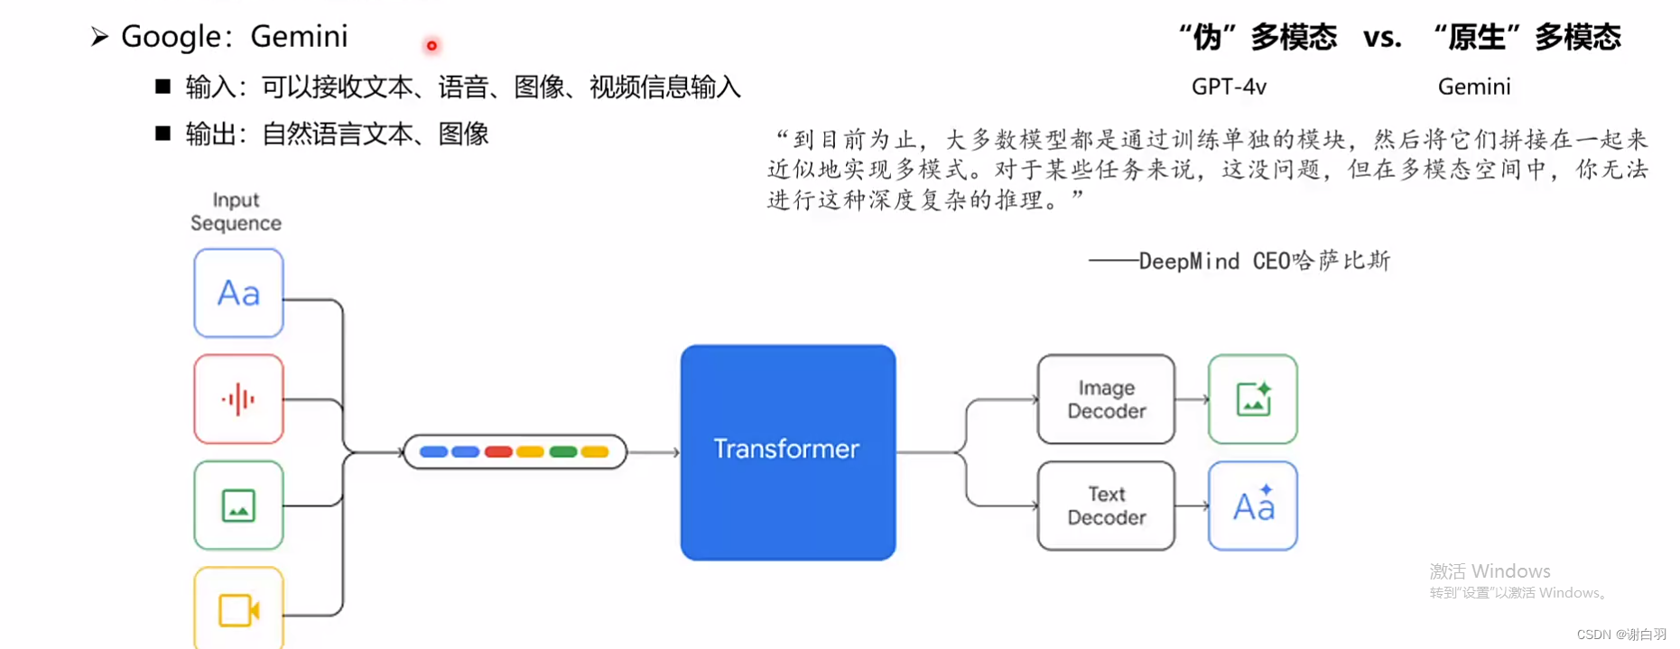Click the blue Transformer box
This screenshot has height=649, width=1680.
787,451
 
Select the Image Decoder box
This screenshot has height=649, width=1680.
1106,399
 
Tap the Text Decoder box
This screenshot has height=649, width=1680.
1106,505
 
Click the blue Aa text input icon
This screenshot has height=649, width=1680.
238,293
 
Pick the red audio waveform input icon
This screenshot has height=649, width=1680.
238,399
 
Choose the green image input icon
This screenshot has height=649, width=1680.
238,505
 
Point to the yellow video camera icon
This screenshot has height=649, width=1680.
238,609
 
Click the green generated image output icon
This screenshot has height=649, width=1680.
1253,399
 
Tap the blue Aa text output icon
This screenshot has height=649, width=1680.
1253,505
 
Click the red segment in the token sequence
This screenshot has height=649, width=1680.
498,451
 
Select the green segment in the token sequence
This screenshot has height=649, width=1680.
562,451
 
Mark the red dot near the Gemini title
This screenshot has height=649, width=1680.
432,45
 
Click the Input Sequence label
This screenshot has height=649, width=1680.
236,211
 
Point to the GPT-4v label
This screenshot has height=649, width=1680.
1229,87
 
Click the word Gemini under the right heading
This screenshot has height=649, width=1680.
1473,87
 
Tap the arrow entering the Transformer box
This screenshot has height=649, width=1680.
654,451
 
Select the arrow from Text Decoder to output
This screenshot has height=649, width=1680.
1193,505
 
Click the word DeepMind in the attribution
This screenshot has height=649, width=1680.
1189,262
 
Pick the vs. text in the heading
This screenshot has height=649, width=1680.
1382,37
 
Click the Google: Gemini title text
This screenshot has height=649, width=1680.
234,36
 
